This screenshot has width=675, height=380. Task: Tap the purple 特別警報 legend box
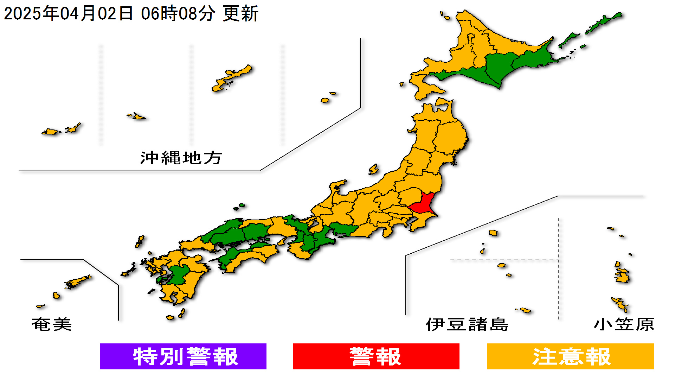183,356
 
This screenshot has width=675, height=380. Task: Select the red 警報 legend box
376,356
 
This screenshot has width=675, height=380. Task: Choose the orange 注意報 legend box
570,356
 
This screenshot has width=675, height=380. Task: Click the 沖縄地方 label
181,158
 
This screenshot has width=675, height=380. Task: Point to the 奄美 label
52,324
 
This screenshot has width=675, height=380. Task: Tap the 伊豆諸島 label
467,324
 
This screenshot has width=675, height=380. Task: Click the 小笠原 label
624,324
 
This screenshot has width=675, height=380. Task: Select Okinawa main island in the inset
232,77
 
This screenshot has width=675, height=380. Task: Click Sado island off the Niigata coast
373,170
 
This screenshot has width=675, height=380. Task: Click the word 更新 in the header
241,13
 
